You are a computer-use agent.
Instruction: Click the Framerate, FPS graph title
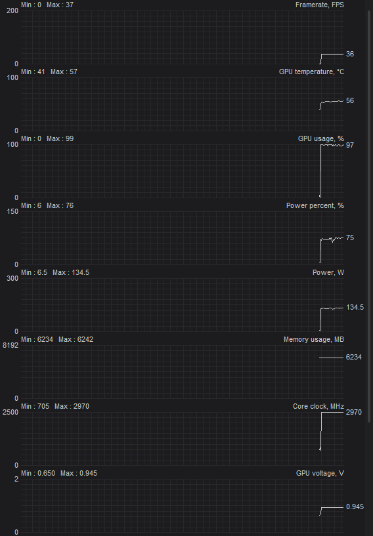pyautogui.click(x=320, y=5)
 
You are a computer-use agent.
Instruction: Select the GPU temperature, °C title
pyautogui.click(x=311, y=72)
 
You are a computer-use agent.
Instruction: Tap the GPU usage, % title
pyautogui.click(x=321, y=139)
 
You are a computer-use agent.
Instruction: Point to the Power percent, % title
pyautogui.click(x=315, y=206)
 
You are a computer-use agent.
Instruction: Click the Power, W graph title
pyautogui.click(x=328, y=272)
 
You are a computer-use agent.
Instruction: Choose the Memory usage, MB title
pyautogui.click(x=314, y=339)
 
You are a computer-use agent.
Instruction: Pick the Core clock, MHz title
pyautogui.click(x=318, y=407)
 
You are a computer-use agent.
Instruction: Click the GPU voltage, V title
pyautogui.click(x=320, y=474)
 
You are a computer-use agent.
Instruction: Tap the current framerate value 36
pyautogui.click(x=350, y=54)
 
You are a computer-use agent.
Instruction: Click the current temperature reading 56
pyautogui.click(x=350, y=100)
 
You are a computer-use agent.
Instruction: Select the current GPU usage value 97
pyautogui.click(x=350, y=145)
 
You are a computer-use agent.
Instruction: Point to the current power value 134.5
pyautogui.click(x=355, y=307)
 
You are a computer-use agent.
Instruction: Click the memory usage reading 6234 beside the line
pyautogui.click(x=353, y=357)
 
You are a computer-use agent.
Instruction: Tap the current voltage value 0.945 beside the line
pyautogui.click(x=355, y=506)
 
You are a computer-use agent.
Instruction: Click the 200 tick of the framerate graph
pyautogui.click(x=12, y=10)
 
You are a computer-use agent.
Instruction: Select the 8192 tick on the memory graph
pyautogui.click(x=11, y=345)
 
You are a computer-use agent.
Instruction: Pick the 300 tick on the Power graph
pyautogui.click(x=12, y=278)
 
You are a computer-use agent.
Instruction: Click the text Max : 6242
pyautogui.click(x=76, y=339)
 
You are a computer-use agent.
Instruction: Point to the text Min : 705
pyautogui.click(x=35, y=407)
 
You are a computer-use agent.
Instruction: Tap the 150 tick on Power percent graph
pyautogui.click(x=12, y=211)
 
